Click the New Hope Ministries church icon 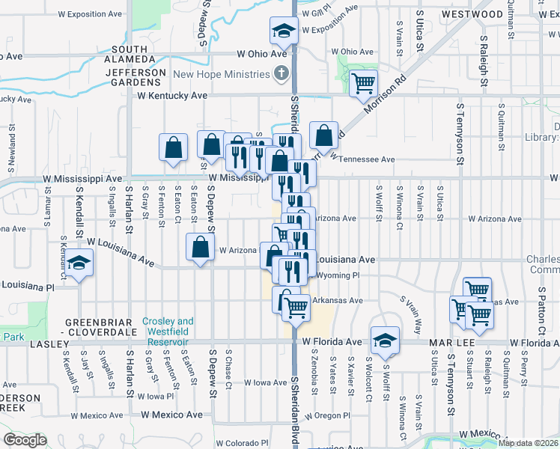[x=281, y=74]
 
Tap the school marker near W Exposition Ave [x=284, y=31]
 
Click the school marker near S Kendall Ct [x=78, y=263]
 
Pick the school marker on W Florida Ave [x=385, y=340]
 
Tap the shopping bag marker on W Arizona [x=201, y=248]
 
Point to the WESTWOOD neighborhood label [x=472, y=14]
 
